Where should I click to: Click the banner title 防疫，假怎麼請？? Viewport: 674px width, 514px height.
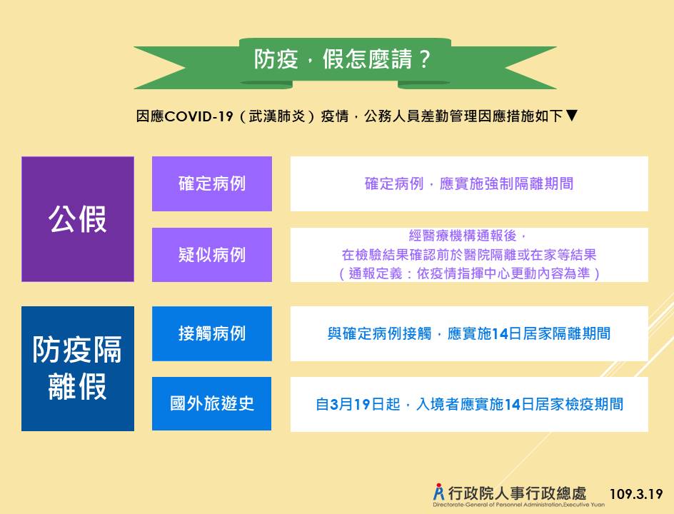click(x=342, y=59)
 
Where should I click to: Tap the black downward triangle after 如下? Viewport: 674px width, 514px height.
click(x=571, y=115)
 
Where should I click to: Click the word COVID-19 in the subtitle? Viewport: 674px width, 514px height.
click(x=198, y=116)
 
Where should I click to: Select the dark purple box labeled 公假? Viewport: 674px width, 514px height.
click(x=78, y=219)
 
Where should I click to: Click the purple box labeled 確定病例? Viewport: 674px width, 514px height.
click(x=212, y=183)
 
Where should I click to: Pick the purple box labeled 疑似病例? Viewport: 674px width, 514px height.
click(x=212, y=255)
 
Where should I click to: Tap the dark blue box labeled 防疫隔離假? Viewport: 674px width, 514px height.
click(x=78, y=369)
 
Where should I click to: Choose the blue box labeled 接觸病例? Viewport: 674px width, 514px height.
click(x=212, y=333)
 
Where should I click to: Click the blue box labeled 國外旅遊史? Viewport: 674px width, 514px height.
click(x=211, y=403)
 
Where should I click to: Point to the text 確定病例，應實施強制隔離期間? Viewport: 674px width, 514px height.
click(x=469, y=183)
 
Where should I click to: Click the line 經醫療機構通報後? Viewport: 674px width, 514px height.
click(x=468, y=236)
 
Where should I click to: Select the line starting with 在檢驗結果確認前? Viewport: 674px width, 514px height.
click(x=469, y=255)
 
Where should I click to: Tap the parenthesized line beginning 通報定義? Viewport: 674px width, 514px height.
click(x=469, y=273)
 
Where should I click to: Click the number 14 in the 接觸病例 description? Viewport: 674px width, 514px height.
click(x=500, y=334)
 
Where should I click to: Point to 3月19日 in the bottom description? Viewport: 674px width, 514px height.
click(x=357, y=404)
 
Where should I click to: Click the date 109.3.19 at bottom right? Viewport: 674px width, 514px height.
click(x=636, y=494)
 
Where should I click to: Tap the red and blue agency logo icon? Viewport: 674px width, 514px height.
click(x=439, y=492)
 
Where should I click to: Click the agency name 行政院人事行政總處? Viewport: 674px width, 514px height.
click(x=517, y=493)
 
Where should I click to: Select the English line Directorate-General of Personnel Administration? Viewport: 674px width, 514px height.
click(x=518, y=505)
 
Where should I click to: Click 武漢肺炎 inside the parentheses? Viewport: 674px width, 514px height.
click(x=277, y=116)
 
